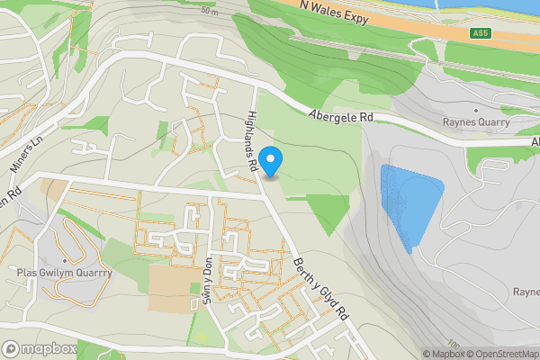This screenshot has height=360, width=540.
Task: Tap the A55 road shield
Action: coord(481,33)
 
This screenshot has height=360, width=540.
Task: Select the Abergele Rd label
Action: coord(339,116)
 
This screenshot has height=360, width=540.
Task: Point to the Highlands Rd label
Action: coord(254,142)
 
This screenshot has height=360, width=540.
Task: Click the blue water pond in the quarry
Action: coord(409,202)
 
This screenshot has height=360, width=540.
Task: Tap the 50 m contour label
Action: coord(210,12)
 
